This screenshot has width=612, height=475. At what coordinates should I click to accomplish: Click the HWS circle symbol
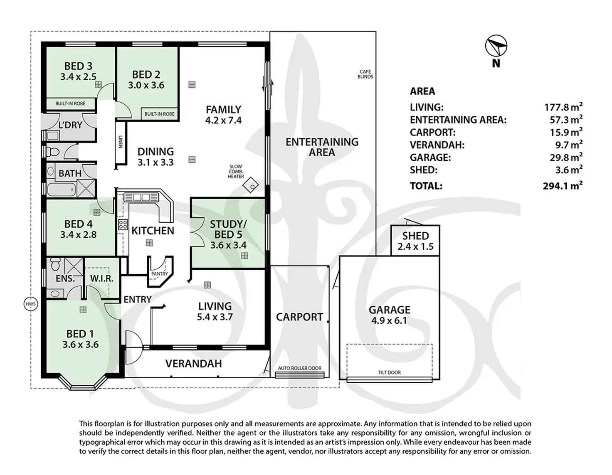click(x=30, y=304)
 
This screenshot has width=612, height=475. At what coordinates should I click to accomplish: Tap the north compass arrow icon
click(x=496, y=46)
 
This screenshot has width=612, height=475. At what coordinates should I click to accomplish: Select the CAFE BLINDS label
click(x=365, y=74)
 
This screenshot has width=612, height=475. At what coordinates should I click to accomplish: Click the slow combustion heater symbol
click(x=251, y=185)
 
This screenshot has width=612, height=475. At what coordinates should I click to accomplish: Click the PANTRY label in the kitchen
click(x=159, y=274)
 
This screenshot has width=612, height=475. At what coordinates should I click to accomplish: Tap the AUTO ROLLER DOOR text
click(x=299, y=368)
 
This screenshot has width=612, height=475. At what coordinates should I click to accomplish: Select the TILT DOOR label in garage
click(x=390, y=373)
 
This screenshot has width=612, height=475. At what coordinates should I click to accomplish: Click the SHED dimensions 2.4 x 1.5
click(x=415, y=247)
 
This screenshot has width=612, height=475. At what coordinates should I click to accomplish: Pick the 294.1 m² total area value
click(x=563, y=186)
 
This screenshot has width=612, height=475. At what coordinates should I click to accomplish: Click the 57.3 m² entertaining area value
click(x=566, y=120)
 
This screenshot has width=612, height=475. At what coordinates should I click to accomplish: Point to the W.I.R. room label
click(x=102, y=278)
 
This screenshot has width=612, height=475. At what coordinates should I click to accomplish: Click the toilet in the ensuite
click(x=55, y=264)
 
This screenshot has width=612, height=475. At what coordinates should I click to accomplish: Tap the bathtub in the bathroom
click(x=62, y=190)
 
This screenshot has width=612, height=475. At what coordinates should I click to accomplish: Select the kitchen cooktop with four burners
click(x=123, y=224)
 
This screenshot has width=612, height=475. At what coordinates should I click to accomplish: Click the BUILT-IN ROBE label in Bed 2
click(x=159, y=114)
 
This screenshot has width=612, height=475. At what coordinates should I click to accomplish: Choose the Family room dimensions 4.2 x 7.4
click(x=223, y=121)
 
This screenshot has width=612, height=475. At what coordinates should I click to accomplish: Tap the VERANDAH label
click(x=193, y=364)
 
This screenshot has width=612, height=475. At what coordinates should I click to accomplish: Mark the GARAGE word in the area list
click(x=430, y=158)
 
